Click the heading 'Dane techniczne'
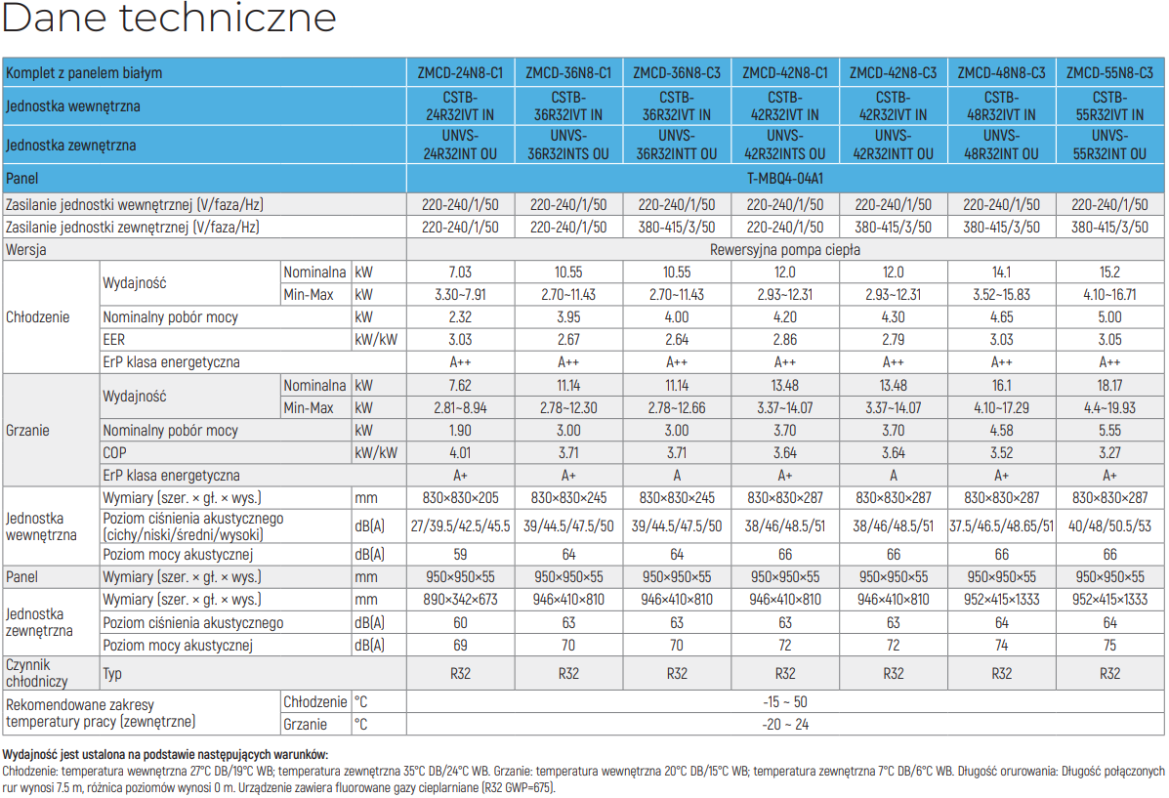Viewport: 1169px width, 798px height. click(169, 17)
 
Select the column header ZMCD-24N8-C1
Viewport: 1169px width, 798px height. click(460, 73)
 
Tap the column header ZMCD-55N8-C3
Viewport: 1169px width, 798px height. click(1109, 73)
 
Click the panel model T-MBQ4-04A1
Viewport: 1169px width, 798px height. click(785, 179)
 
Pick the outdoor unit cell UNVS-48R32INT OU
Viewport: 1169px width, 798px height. click(1001, 145)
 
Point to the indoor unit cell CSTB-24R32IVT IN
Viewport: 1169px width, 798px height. click(460, 105)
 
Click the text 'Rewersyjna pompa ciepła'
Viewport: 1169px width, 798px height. click(785, 250)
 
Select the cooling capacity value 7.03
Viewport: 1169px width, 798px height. click(460, 273)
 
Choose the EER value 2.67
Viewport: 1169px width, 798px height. click(568, 339)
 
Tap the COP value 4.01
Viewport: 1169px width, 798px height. click(460, 452)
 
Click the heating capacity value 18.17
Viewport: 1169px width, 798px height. click(1109, 386)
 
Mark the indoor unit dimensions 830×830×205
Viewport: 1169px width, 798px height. click(460, 497)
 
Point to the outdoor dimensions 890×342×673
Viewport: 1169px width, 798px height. click(460, 600)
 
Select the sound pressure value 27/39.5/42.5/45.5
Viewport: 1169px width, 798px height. click(460, 525)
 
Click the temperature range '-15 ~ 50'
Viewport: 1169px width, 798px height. click(785, 702)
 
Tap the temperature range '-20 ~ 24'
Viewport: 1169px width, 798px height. click(785, 724)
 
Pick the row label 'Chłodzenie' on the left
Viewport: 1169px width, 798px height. click(37, 317)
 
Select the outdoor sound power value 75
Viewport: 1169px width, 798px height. click(1109, 645)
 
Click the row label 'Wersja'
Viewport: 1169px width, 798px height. click(25, 250)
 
